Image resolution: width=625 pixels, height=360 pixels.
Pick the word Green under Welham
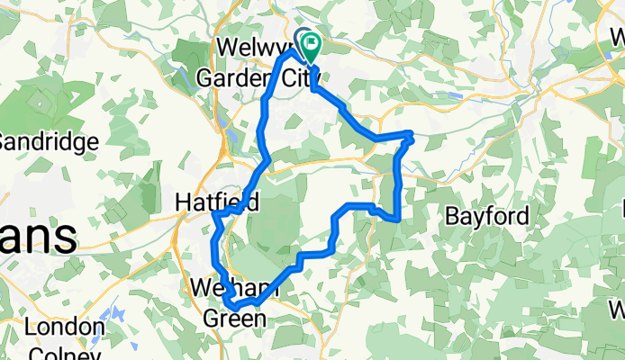(233, 319)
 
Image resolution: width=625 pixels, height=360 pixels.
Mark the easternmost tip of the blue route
(412, 136)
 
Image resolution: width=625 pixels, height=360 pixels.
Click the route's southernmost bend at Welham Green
(235, 308)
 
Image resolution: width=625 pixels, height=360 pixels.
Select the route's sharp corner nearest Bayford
(397, 219)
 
